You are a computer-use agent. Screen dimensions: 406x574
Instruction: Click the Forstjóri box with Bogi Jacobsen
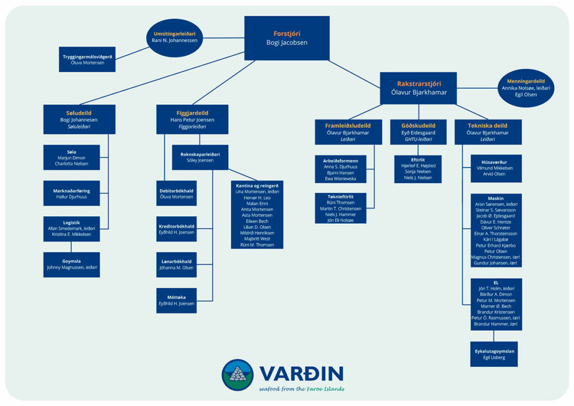click(286, 38)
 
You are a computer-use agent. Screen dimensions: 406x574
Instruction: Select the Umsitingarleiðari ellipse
click(175, 38)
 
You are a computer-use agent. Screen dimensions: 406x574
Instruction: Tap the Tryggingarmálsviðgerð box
click(87, 59)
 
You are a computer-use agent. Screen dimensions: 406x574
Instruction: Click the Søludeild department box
click(79, 119)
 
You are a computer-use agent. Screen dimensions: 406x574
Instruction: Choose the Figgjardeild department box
click(192, 119)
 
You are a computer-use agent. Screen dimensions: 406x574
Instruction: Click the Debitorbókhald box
click(176, 193)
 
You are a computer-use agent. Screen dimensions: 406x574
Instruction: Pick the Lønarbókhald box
click(176, 265)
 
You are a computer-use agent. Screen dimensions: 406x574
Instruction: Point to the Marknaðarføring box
click(72, 193)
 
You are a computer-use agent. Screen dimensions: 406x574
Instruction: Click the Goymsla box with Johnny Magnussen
click(72, 264)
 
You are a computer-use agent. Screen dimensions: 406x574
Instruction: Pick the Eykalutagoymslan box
click(494, 354)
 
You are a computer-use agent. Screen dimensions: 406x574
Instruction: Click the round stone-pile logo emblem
click(237, 375)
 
